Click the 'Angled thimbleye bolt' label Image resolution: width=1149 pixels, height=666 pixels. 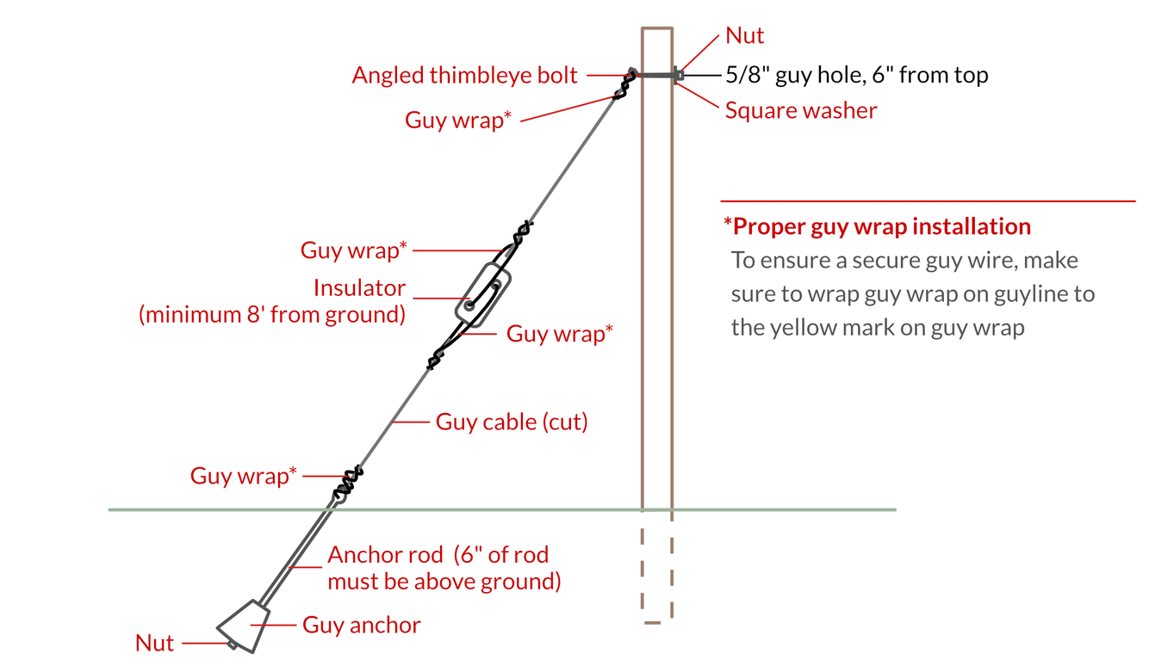pyautogui.click(x=464, y=75)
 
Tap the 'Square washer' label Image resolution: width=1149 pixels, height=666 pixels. pyautogui.click(x=800, y=110)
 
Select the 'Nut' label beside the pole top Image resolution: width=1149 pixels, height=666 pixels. pyautogui.click(x=744, y=35)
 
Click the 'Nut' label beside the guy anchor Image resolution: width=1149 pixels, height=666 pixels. pyautogui.click(x=155, y=643)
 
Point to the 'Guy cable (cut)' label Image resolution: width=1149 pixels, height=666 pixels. pyautogui.click(x=512, y=422)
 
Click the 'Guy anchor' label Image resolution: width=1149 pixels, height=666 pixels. pyautogui.click(x=361, y=625)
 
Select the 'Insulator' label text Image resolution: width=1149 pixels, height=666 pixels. pyautogui.click(x=359, y=287)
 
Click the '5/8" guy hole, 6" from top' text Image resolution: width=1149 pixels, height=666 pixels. pyautogui.click(x=856, y=75)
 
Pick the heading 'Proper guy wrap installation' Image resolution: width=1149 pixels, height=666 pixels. pyautogui.click(x=881, y=226)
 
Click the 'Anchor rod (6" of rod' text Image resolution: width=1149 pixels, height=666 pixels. pyautogui.click(x=438, y=555)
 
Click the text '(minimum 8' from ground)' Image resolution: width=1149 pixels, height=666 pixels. pyautogui.click(x=272, y=314)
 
